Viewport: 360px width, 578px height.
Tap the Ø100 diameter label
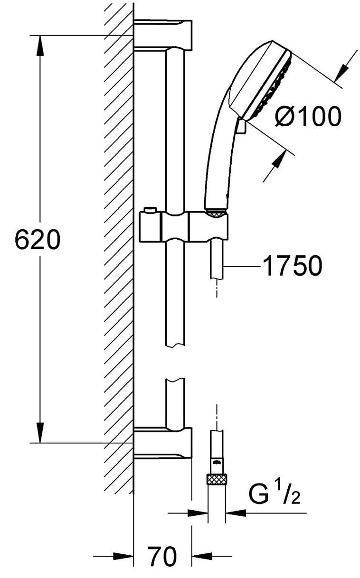308,116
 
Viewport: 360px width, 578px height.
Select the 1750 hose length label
292,266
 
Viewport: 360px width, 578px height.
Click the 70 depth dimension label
161,557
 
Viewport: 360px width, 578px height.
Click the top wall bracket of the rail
163,35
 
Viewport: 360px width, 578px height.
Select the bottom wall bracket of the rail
163,442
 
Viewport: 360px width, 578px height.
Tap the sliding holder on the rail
183,227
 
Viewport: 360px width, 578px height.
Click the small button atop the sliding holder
151,210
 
